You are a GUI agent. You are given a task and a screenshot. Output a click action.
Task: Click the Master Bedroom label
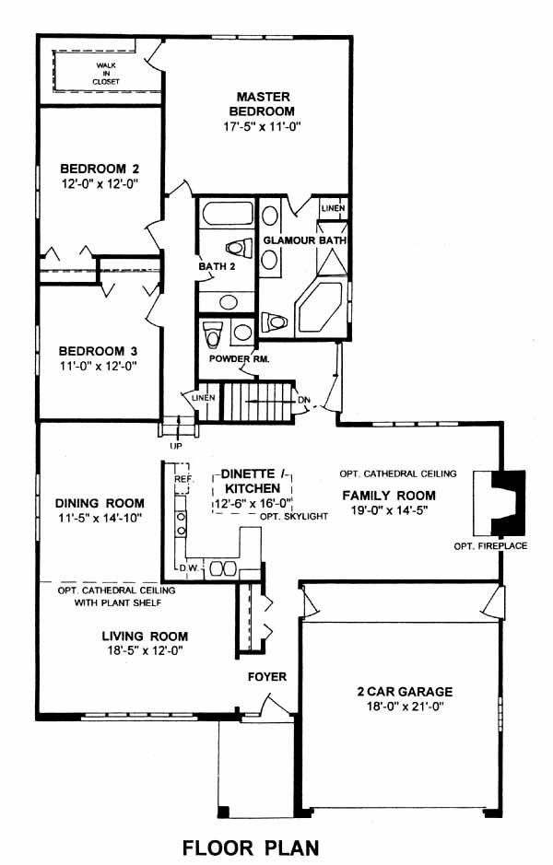pos(262,104)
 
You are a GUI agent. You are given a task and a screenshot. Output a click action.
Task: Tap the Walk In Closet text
pos(106,74)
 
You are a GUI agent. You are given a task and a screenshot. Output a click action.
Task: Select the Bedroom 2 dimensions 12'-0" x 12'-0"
pos(100,183)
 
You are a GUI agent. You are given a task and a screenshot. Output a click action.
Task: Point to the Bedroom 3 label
pos(99,351)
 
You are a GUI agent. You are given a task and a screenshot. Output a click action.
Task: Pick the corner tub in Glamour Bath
pos(320,308)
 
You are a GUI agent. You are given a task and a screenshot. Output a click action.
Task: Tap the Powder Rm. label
pos(239,358)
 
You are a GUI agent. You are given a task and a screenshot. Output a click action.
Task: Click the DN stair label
pos(303,399)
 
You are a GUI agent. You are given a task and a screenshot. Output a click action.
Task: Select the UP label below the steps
pos(176,446)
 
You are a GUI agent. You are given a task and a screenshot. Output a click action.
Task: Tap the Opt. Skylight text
pos(294,517)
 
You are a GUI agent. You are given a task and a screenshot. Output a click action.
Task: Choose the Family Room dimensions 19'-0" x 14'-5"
pos(389,510)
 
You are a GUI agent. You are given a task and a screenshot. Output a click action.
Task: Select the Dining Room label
pos(100,503)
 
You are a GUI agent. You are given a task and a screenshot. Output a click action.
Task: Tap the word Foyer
pos(267,676)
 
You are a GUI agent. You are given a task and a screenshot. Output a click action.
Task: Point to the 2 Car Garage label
pos(406,692)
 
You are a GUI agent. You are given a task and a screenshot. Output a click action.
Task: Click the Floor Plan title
pos(251,847)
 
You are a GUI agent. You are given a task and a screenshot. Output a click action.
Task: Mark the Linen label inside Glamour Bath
pos(334,208)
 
